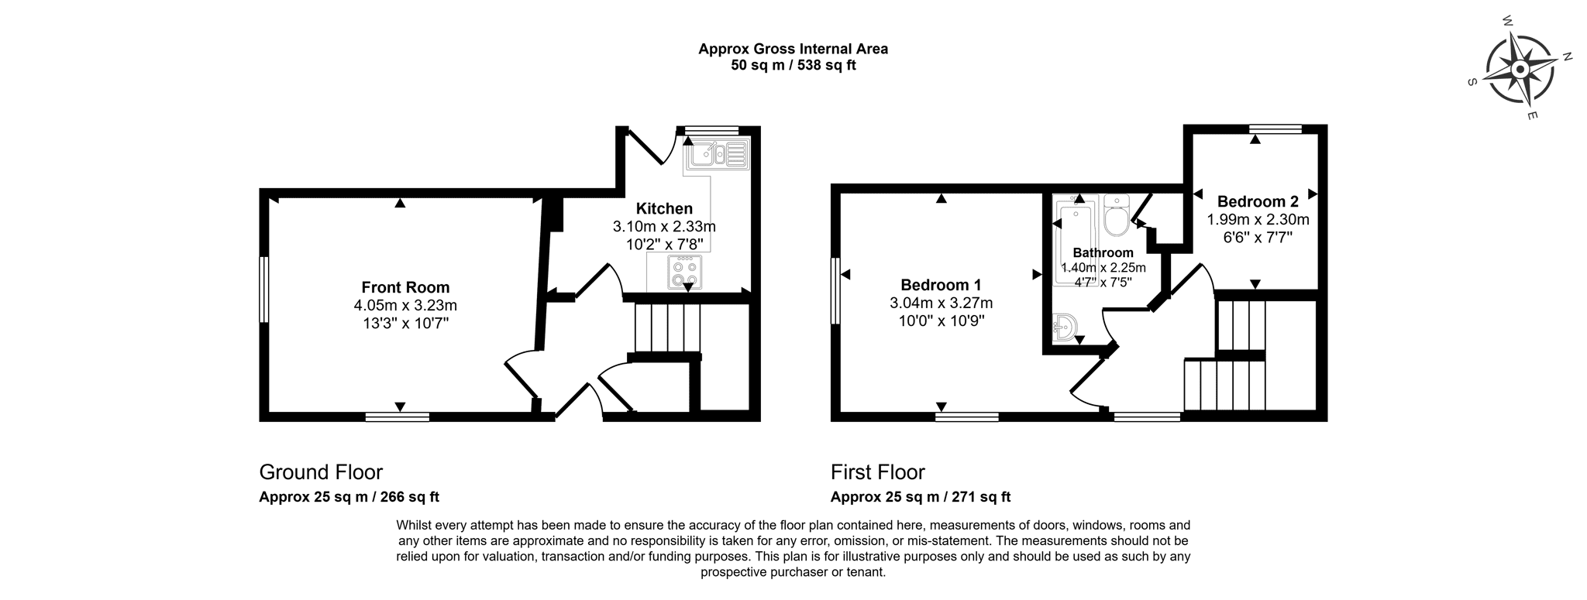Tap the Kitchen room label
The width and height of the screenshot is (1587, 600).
coord(664,208)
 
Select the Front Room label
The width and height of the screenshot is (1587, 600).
coord(405,288)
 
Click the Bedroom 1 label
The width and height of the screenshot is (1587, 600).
coord(941,285)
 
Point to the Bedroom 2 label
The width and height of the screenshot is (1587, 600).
coord(1258,201)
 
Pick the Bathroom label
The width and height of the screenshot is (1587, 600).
coord(1103,252)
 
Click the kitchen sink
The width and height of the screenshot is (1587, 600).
coord(716,154)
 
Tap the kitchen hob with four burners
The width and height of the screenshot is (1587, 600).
coord(685,273)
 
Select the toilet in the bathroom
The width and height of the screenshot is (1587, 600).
coord(1117,215)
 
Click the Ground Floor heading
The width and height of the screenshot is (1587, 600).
coord(321,471)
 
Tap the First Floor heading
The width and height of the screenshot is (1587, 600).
coord(878,471)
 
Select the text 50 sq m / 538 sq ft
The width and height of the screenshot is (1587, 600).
coord(793,65)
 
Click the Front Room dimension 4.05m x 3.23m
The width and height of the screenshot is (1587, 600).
coord(405,306)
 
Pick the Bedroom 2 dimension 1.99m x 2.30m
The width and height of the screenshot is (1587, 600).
coord(1258,219)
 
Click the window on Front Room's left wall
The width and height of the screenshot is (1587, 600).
coord(263,290)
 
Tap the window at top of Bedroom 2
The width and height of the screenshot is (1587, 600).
coord(1275,129)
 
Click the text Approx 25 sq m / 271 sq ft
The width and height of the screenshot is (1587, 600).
coord(921,497)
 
